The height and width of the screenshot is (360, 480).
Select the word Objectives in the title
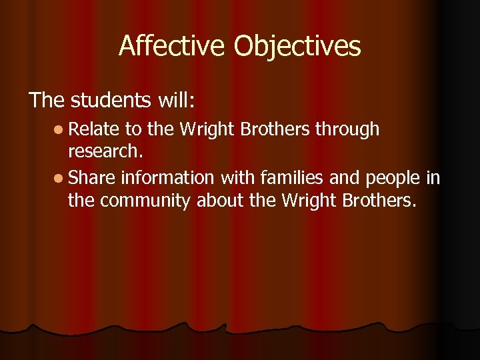tap(297, 47)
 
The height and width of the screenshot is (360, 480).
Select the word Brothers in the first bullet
tap(277, 129)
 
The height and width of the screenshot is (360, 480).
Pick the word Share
tap(92, 178)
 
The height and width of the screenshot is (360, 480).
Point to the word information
tap(167, 178)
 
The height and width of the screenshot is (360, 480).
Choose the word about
tap(218, 201)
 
